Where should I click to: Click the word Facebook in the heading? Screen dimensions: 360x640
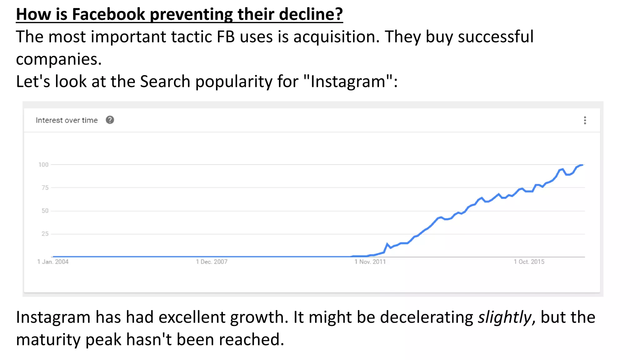108,14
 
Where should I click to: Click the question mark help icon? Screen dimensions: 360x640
110,120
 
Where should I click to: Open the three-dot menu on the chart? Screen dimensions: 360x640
585,120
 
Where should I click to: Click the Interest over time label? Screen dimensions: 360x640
67,120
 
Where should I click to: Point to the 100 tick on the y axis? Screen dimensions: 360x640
43,165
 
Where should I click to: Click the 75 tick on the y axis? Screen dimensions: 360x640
45,188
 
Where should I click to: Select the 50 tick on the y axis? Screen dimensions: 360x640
45,211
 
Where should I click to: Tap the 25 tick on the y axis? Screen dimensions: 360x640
45,234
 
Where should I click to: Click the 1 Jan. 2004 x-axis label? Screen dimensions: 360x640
53,262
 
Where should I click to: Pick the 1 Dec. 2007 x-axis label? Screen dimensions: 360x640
212,262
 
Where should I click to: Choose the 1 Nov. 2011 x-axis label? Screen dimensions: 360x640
370,262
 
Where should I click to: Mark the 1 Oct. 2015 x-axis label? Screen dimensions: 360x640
529,262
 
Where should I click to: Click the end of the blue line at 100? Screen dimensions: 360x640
582,165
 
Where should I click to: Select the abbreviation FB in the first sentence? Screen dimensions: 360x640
226,37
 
